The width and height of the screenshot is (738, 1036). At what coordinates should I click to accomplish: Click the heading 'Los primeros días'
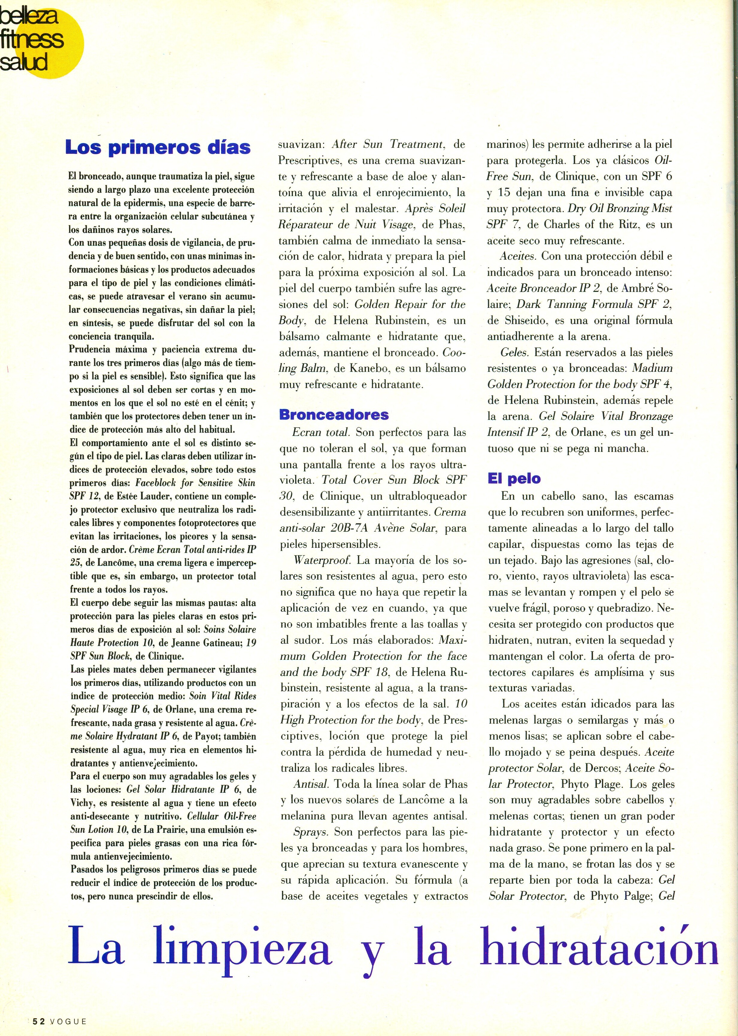point(158,147)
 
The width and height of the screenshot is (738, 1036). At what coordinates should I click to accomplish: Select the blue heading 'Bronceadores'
point(334,414)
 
